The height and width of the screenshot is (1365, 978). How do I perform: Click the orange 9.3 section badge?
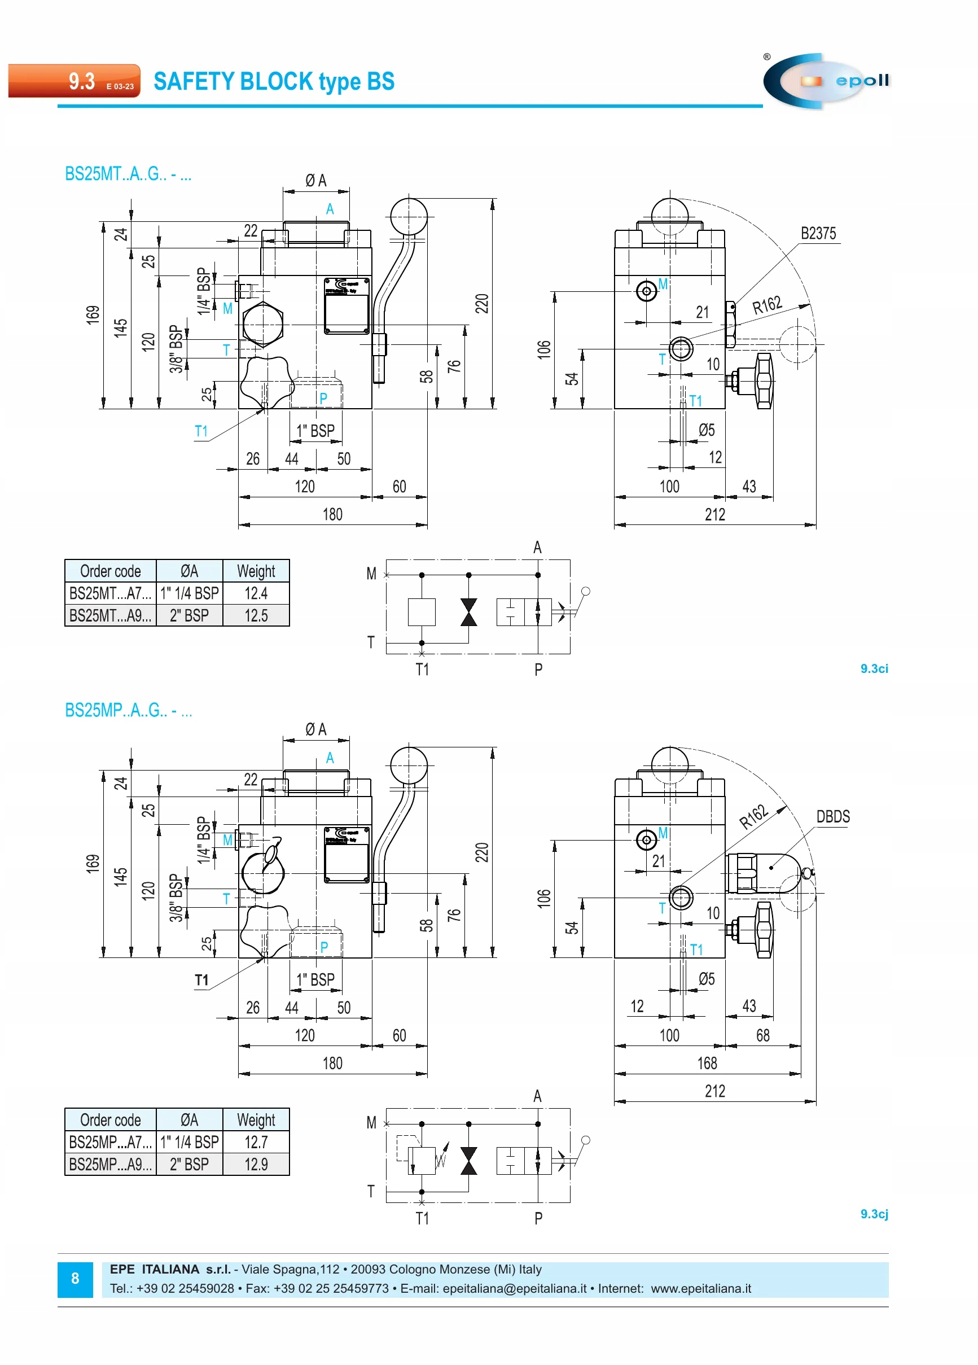[x=74, y=81]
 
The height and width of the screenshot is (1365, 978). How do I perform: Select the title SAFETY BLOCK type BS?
[x=274, y=81]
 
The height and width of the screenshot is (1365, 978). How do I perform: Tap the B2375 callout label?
[x=818, y=234]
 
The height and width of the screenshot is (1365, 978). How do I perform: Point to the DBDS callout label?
[x=833, y=817]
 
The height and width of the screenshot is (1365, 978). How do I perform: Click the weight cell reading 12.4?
[x=256, y=593]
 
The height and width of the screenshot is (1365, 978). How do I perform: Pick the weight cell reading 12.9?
[x=256, y=1165]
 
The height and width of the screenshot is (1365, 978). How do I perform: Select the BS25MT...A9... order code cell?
[x=110, y=616]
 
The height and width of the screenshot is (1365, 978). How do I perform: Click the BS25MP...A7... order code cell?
[x=110, y=1143]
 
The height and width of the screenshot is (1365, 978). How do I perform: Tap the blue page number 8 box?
[x=75, y=1279]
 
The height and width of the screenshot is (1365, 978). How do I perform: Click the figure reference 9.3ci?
[x=874, y=668]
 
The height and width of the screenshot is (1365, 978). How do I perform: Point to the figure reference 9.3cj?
[x=874, y=1214]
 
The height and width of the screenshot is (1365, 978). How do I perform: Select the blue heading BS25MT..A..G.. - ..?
[x=128, y=174]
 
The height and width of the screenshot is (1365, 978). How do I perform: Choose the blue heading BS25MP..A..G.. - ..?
[x=128, y=711]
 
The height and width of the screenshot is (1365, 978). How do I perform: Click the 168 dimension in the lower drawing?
[x=707, y=1064]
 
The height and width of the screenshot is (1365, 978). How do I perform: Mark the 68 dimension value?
[x=762, y=1035]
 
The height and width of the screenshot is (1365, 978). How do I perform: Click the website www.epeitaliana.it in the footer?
[x=700, y=1289]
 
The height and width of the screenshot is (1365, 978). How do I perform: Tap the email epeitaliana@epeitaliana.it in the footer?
[x=514, y=1289]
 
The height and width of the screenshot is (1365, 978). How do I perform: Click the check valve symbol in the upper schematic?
[x=468, y=612]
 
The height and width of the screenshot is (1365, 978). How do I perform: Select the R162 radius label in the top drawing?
[x=767, y=305]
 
